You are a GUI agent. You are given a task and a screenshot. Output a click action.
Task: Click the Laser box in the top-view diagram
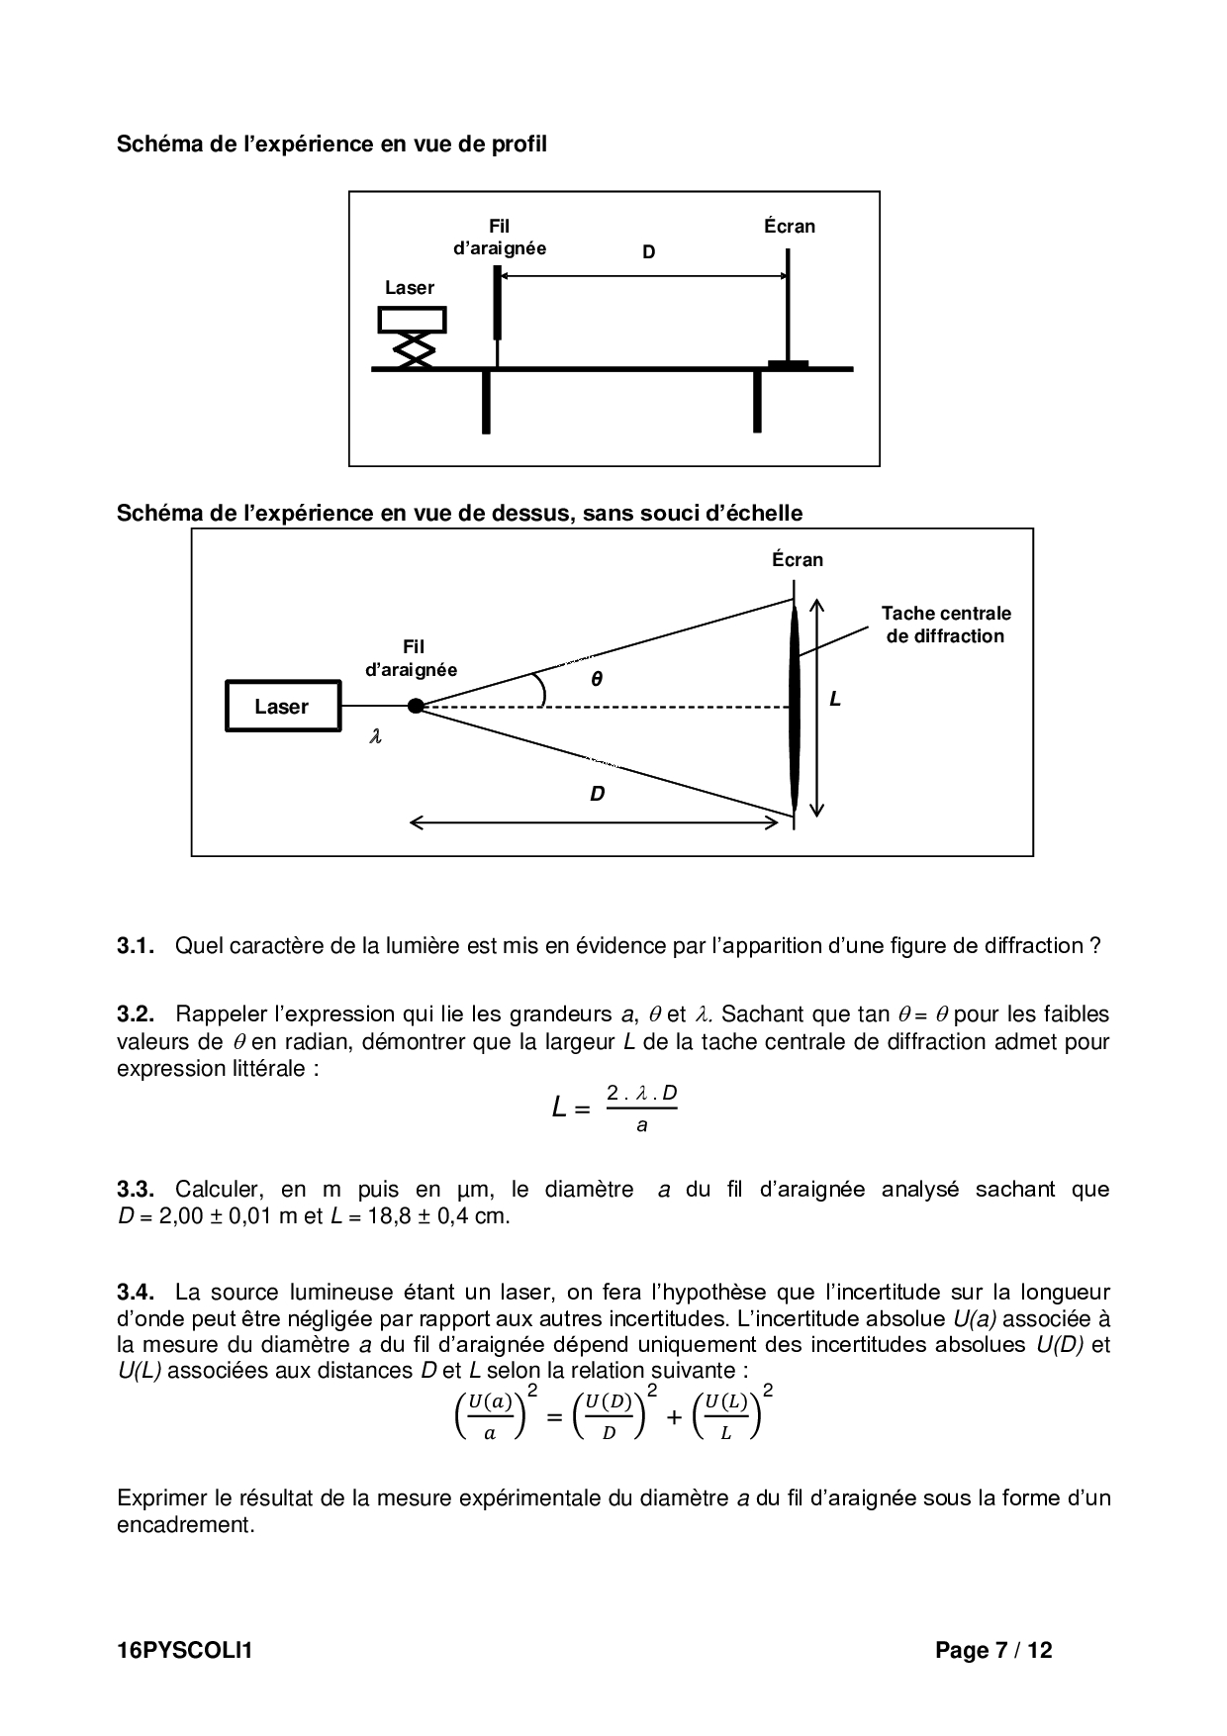click(x=282, y=706)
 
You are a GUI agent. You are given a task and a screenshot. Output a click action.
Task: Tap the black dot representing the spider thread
click(x=416, y=706)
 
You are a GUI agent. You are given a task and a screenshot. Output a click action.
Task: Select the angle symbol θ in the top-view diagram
click(x=597, y=679)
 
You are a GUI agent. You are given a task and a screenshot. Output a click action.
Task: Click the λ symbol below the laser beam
click(x=375, y=736)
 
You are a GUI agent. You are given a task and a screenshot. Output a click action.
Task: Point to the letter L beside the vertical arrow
click(x=835, y=700)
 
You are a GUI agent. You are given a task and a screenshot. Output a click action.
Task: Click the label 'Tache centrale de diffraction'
click(x=946, y=625)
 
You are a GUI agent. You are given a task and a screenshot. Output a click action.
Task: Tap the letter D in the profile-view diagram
click(x=649, y=252)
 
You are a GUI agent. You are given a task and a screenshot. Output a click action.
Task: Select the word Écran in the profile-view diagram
click(x=790, y=226)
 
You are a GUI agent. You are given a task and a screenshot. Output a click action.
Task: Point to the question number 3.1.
click(x=136, y=945)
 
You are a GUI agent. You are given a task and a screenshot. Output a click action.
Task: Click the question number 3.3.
click(x=136, y=1189)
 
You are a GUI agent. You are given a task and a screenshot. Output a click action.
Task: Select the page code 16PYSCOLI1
click(x=185, y=1650)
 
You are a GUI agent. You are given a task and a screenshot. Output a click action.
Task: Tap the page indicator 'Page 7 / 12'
click(x=993, y=1650)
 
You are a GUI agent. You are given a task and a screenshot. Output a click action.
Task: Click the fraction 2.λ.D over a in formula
click(x=642, y=1108)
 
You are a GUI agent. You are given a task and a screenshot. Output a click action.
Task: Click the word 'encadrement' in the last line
click(x=183, y=1524)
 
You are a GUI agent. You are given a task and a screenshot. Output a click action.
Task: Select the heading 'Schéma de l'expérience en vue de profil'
click(x=331, y=144)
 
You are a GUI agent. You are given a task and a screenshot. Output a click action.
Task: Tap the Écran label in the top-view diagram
click(x=798, y=559)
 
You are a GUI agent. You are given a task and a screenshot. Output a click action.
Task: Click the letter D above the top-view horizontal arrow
click(x=598, y=794)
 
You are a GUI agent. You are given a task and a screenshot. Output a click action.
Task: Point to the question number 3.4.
click(x=136, y=1292)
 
